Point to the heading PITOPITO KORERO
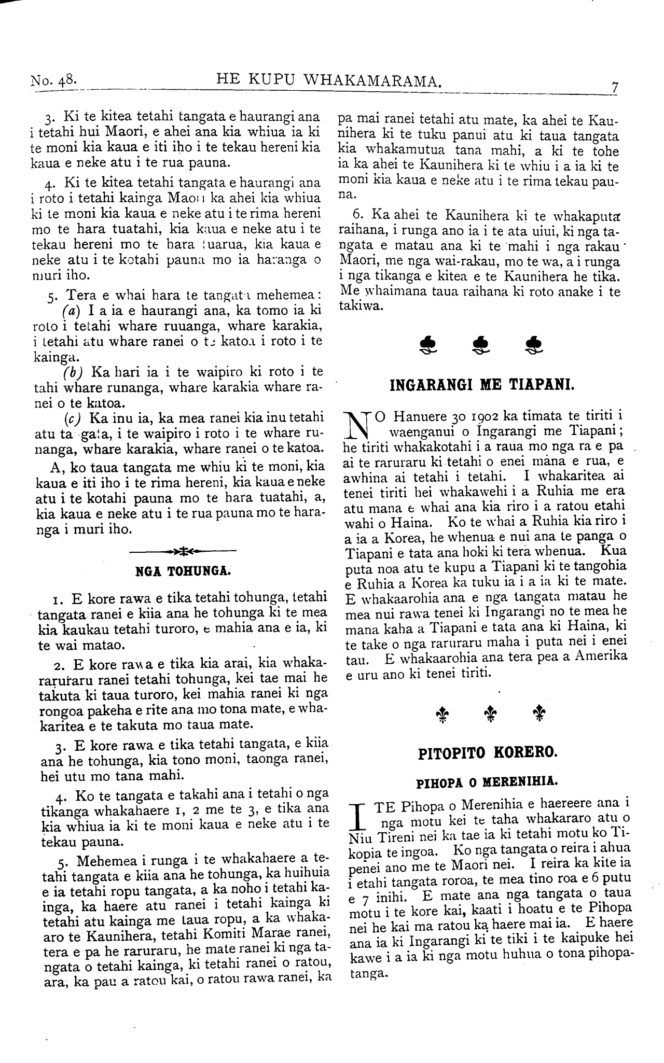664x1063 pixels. click(488, 753)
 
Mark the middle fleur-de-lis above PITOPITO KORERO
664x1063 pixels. click(488, 714)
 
